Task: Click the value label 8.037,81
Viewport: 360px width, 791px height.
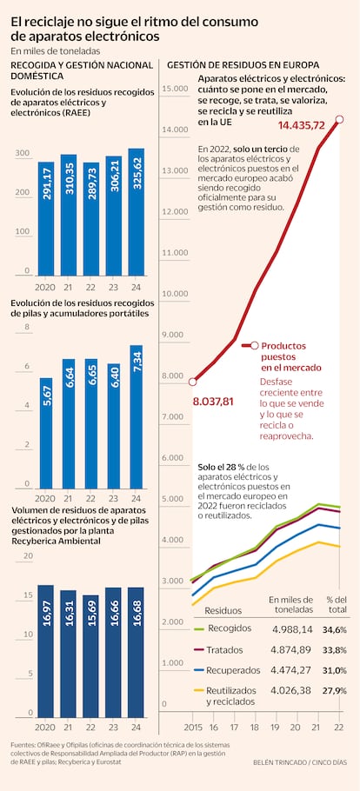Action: pyautogui.click(x=212, y=402)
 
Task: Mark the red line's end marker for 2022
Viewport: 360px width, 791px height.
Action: pyautogui.click(x=339, y=120)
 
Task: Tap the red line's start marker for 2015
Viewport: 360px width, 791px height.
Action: pyautogui.click(x=192, y=382)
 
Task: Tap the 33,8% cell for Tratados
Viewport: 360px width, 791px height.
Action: pyautogui.click(x=335, y=649)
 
